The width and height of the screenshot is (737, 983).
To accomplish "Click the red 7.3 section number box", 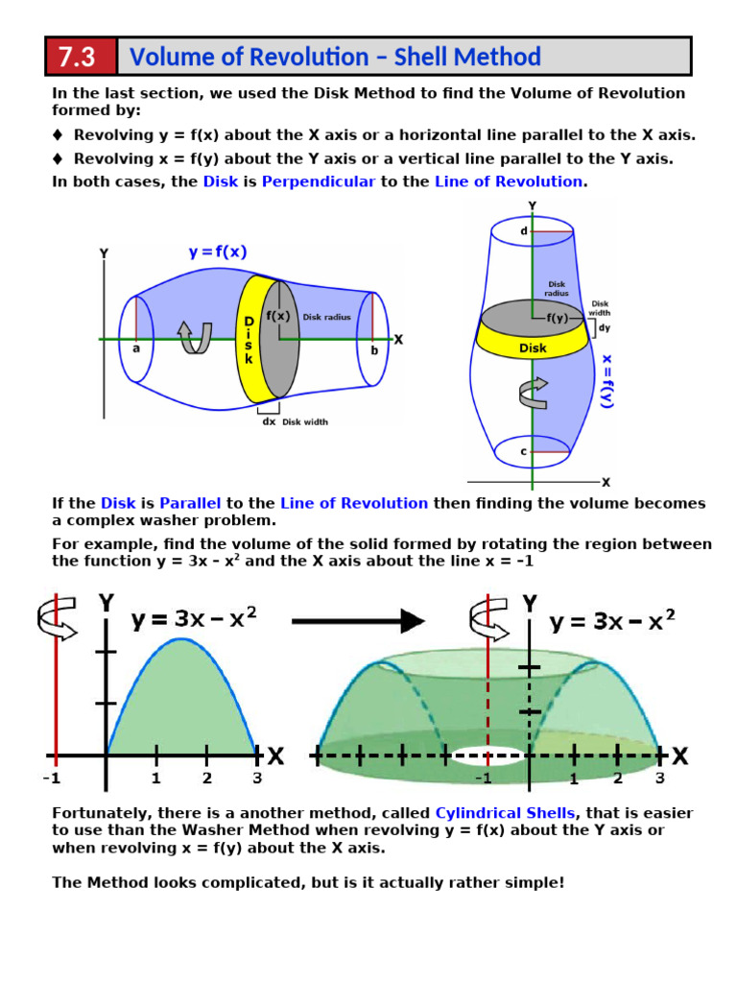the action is point(81,57).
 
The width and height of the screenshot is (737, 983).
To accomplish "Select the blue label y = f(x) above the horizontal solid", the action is point(218,252).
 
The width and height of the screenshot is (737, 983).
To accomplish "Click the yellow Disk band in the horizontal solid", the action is point(249,338).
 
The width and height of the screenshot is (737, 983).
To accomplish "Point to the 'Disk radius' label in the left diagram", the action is point(327,317).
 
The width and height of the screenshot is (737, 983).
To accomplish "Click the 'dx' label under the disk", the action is point(269,420).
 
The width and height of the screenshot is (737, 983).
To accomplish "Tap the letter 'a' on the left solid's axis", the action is point(136,349).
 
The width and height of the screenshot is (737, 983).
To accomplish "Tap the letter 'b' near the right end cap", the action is point(373,350).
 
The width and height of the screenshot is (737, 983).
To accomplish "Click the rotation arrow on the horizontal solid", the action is point(196,337).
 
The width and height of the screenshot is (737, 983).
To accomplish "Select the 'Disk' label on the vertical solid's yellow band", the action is point(533,348).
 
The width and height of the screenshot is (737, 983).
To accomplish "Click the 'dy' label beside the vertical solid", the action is point(604,327).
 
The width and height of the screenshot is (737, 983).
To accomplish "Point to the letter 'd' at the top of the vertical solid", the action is point(524,231).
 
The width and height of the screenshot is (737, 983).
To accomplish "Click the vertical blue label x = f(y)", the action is point(606,381).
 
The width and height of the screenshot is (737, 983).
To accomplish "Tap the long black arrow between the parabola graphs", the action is point(357,621).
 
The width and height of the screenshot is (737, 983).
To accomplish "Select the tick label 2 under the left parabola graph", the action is point(207,779).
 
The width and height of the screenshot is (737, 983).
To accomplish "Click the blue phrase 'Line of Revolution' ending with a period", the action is point(510,181).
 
